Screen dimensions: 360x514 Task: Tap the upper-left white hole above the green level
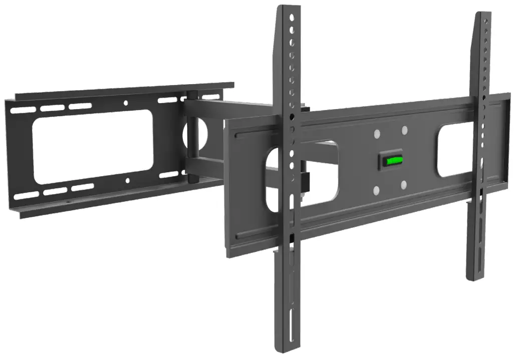tap(377, 134)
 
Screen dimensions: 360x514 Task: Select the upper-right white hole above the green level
tap(404, 130)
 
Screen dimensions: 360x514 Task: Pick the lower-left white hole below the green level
tap(376, 189)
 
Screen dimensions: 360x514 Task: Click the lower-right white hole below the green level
tap(403, 185)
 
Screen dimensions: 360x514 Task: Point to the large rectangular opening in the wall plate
tap(93, 145)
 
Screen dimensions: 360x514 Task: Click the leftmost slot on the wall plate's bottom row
tap(24, 196)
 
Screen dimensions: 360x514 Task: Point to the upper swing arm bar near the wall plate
tap(225, 107)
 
